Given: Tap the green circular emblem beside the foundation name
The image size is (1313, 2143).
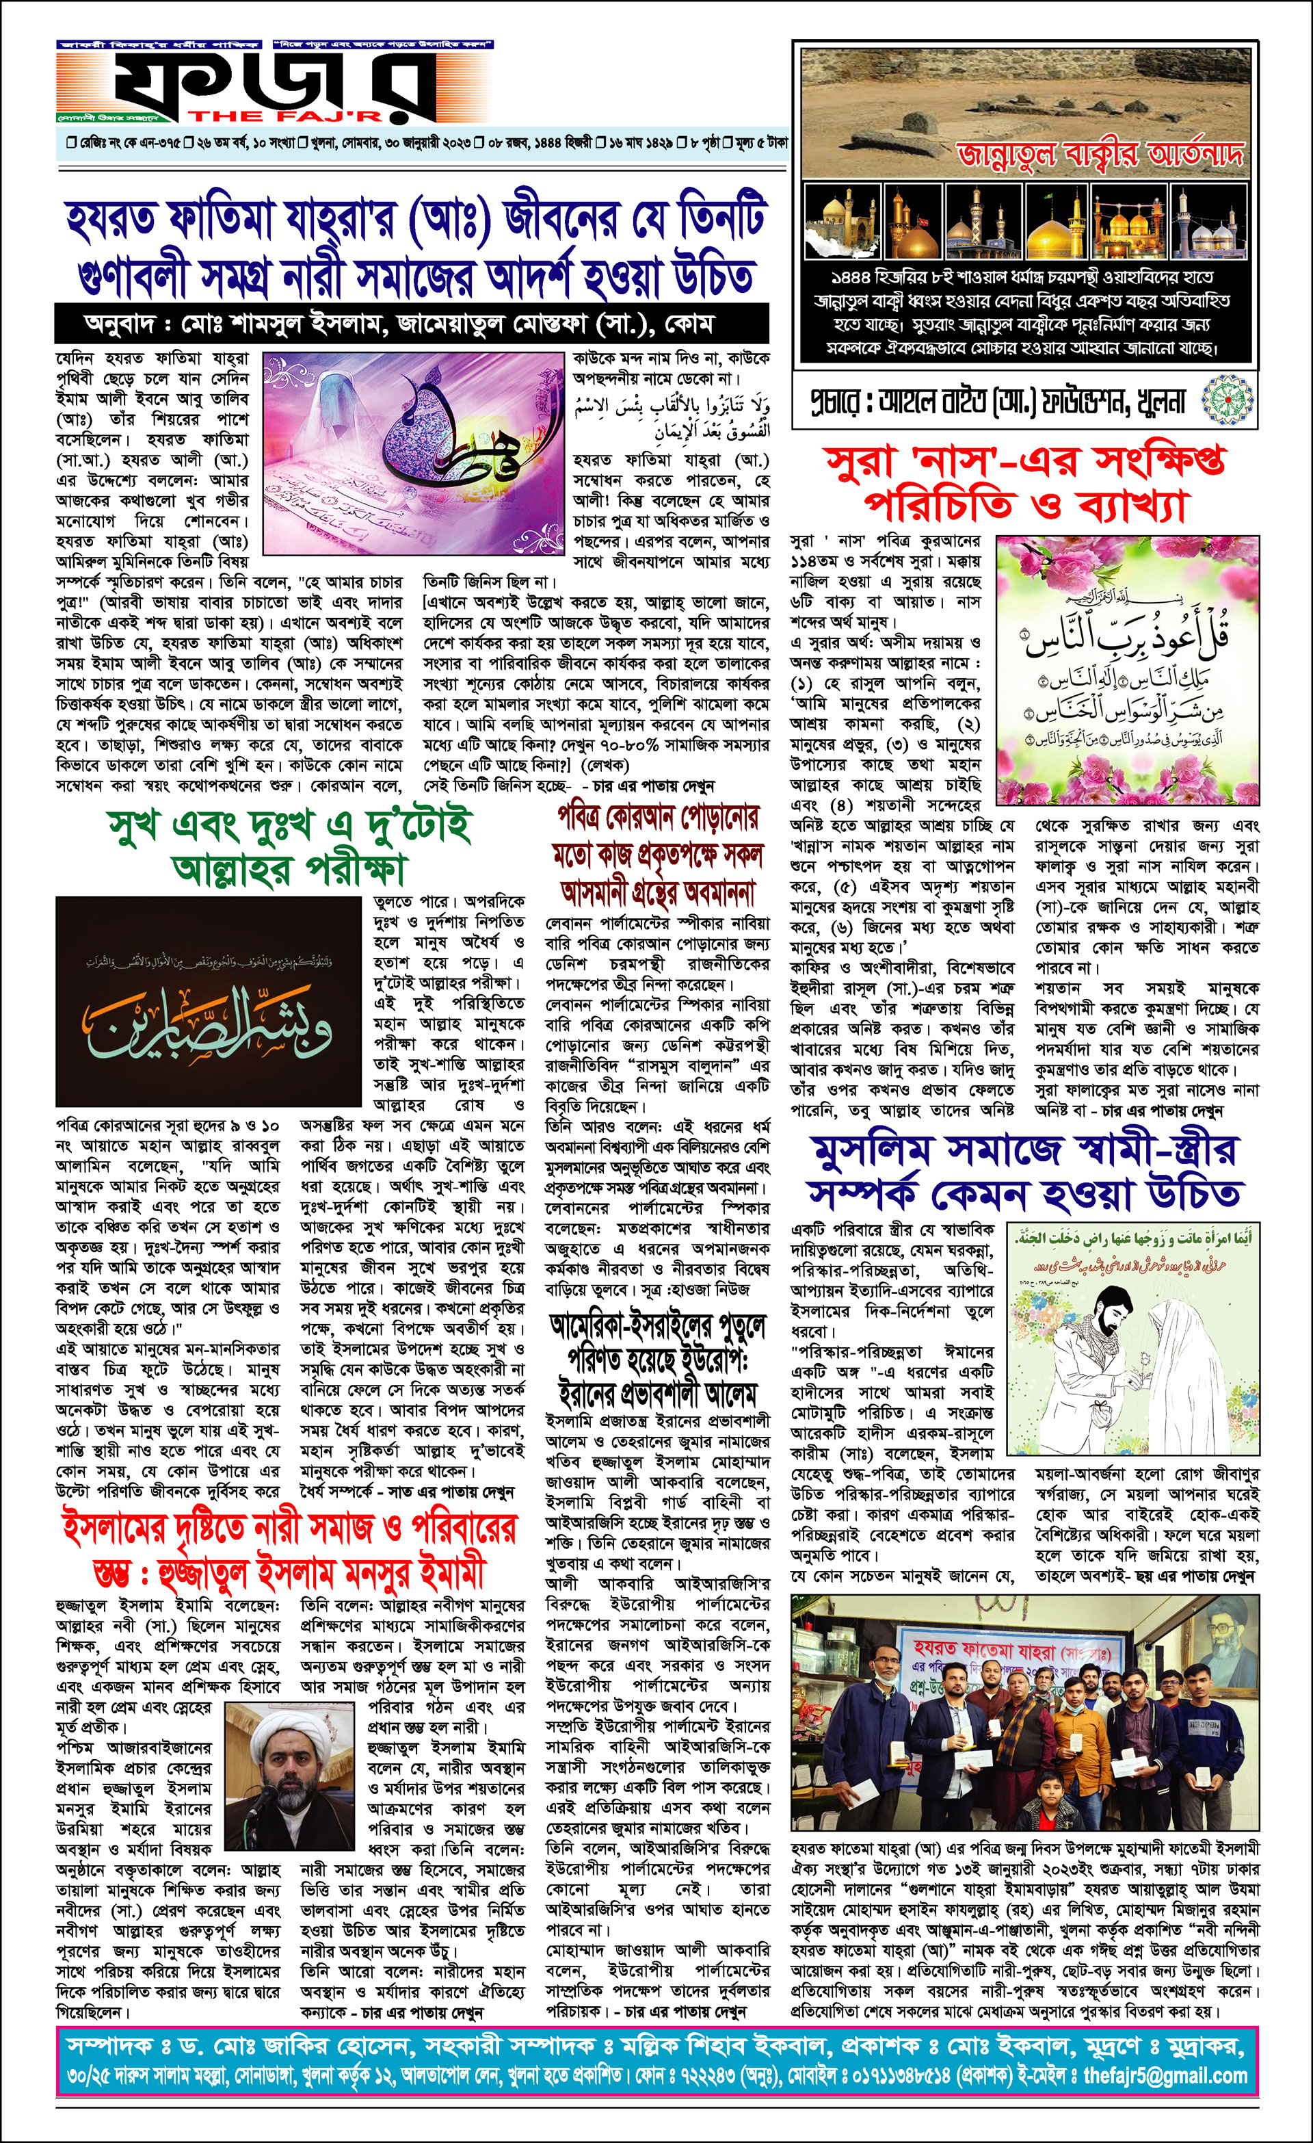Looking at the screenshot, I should [1229, 401].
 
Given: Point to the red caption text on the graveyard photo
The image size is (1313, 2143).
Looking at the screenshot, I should [1099, 154].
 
